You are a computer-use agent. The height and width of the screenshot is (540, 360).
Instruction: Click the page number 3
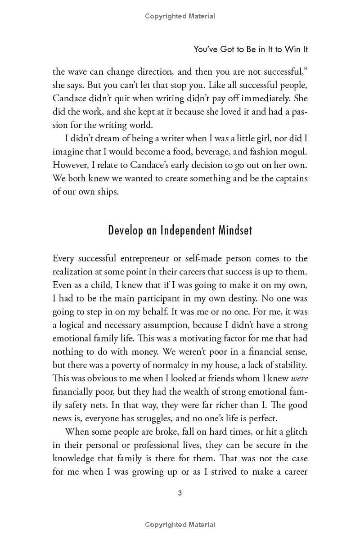(x=180, y=493)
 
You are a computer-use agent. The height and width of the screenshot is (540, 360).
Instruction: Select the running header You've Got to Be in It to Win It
(x=251, y=49)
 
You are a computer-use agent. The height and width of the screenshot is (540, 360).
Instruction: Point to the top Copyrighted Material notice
(x=180, y=16)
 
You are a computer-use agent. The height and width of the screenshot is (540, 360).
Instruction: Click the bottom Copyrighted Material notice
(x=180, y=525)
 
